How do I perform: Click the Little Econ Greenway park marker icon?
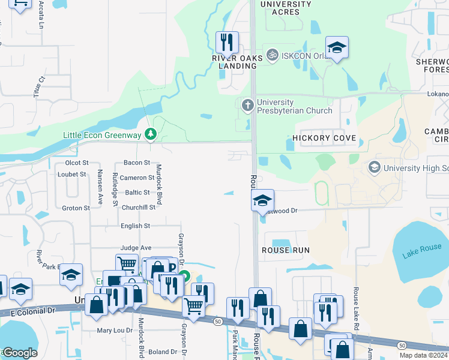click(x=152, y=134)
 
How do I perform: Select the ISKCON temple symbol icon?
click(x=273, y=55)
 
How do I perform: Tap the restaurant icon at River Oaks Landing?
click(x=227, y=42)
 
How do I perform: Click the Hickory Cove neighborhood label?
click(x=324, y=138)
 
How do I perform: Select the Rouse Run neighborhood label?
click(x=286, y=250)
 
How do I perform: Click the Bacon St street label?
click(x=136, y=163)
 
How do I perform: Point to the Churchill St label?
click(x=138, y=208)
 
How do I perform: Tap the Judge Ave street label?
click(x=136, y=247)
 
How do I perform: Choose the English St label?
click(x=135, y=226)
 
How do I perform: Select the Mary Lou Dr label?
click(x=115, y=330)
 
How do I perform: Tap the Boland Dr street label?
click(x=162, y=352)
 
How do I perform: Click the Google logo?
click(x=19, y=353)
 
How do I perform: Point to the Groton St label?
click(x=76, y=208)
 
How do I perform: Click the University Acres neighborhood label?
click(x=286, y=8)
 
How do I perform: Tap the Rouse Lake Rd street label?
click(x=357, y=300)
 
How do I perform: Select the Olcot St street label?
click(x=77, y=163)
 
